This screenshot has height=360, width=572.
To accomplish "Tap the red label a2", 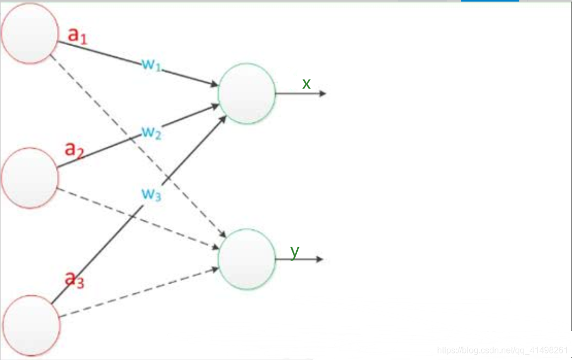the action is pos(75,149).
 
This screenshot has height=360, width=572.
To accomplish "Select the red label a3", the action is pos(74,279).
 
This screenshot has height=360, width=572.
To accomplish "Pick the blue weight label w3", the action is pos(151,194).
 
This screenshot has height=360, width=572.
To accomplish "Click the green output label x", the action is pos(306,84).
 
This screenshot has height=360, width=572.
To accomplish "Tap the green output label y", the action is pos(295,251).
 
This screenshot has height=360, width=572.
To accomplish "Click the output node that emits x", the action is pos(247,93).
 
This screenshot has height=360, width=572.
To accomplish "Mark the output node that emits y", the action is pos(247,260).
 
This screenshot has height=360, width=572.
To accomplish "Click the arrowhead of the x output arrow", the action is pos(323,93).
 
